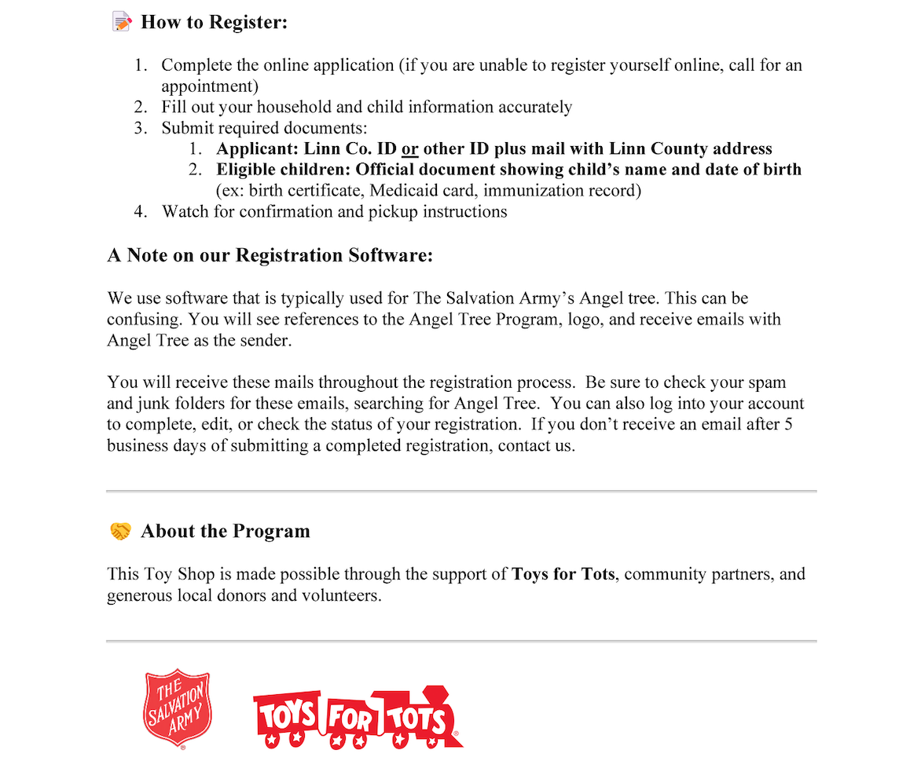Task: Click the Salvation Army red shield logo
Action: click(x=178, y=706)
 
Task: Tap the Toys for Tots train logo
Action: click(x=358, y=717)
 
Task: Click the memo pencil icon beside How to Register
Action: click(x=122, y=22)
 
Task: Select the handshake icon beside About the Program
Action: click(x=120, y=532)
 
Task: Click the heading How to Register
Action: click(x=214, y=22)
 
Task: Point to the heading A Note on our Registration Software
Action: click(x=270, y=255)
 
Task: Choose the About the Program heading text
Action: click(x=225, y=532)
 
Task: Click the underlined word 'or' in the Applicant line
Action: click(x=409, y=149)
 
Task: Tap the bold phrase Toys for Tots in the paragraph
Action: click(x=563, y=574)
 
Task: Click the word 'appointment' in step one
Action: click(x=210, y=86)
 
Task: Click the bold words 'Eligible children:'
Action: click(x=284, y=170)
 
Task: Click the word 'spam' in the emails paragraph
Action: click(x=768, y=383)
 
